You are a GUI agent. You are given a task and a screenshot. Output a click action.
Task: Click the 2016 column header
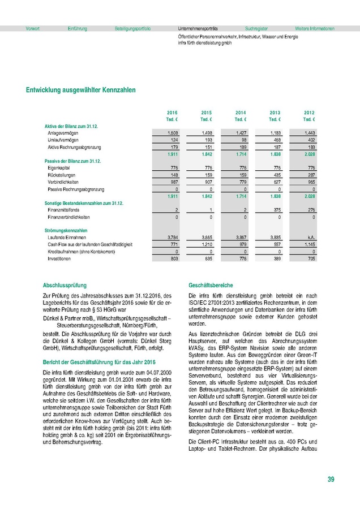(x=172, y=113)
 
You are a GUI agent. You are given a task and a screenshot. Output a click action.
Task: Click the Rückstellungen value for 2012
(x=310, y=175)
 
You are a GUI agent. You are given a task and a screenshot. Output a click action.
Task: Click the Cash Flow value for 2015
(x=206, y=244)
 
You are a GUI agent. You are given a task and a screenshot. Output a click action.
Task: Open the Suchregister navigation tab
(x=256, y=28)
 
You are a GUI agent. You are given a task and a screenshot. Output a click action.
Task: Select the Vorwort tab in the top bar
(x=33, y=28)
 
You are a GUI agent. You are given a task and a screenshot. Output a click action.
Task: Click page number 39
(x=331, y=480)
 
